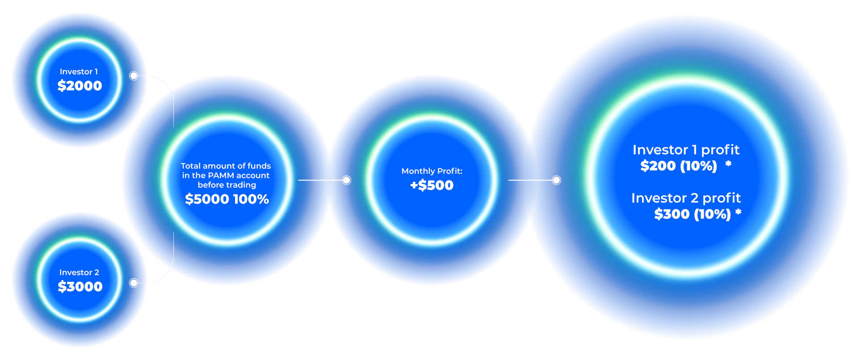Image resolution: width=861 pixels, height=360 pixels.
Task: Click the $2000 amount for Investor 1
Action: (x=80, y=85)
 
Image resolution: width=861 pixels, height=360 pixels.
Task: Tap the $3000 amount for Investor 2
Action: (x=80, y=286)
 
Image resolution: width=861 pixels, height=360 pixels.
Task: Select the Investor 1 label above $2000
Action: (x=79, y=71)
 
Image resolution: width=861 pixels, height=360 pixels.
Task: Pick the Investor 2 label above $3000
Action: (x=79, y=272)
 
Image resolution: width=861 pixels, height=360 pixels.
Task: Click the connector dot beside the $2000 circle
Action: (x=134, y=76)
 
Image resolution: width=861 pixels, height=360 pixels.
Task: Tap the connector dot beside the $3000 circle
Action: (x=134, y=283)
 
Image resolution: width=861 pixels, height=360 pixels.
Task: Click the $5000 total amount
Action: (x=207, y=199)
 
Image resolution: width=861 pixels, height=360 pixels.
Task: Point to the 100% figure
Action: (x=251, y=199)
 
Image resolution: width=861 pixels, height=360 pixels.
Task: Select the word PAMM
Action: (x=221, y=176)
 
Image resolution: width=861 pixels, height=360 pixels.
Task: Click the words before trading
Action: (x=227, y=185)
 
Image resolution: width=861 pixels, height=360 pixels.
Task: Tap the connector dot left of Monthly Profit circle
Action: (x=346, y=180)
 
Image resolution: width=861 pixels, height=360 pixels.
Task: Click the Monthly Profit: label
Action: (x=432, y=171)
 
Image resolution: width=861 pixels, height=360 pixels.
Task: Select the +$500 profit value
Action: (x=432, y=185)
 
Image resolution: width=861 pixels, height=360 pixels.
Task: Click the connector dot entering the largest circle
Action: (x=556, y=180)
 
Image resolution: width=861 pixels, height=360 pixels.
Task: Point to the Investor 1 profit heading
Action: (x=686, y=150)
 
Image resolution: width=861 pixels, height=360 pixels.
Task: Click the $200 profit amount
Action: (x=658, y=166)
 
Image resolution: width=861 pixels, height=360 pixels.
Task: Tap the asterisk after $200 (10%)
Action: (x=728, y=164)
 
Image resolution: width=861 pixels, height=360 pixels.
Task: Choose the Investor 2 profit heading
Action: (x=686, y=198)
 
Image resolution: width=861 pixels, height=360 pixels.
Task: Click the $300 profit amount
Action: (x=672, y=214)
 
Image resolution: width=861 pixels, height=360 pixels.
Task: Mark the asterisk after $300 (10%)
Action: (x=738, y=212)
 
